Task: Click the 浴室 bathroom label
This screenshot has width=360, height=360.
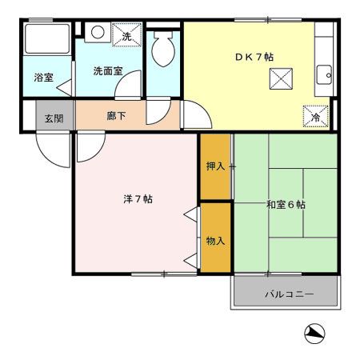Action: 44,78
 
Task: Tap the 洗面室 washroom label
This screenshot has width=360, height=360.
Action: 107,70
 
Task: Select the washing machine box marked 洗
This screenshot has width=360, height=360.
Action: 126,35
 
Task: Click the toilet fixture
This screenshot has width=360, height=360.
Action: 164,50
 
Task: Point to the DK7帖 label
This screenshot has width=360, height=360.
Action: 254,57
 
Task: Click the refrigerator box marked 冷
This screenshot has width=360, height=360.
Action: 315,117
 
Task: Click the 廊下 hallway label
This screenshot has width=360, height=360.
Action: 115,116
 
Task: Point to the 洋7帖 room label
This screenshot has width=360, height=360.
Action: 137,198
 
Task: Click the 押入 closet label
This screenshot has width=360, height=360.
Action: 215,166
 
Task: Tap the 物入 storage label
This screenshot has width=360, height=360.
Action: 215,240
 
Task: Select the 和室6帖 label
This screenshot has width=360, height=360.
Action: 286,205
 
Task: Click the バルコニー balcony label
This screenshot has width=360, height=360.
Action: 289,294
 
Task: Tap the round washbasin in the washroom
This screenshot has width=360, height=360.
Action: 96,34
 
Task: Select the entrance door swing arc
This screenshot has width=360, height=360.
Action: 53,150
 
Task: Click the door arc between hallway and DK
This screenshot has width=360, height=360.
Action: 197,118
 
